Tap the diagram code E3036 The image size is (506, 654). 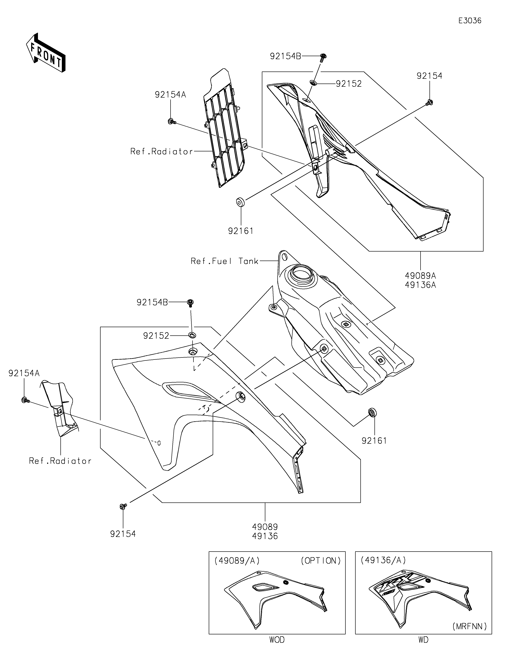[470, 21]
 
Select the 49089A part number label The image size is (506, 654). [420, 275]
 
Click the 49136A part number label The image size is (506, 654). [420, 285]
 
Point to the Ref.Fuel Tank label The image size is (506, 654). [224, 261]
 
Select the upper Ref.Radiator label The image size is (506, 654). [162, 152]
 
